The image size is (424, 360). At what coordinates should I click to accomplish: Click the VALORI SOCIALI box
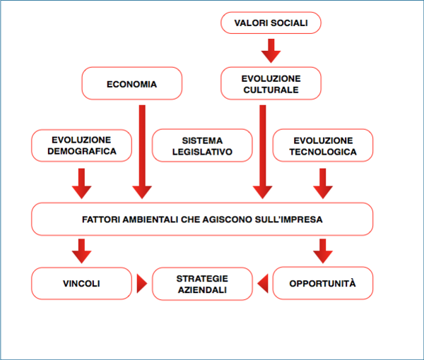pyautogui.click(x=271, y=23)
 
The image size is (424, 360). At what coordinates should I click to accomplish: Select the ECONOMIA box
pyautogui.click(x=132, y=83)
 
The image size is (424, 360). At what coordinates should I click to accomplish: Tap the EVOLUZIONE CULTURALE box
pyautogui.click(x=271, y=83)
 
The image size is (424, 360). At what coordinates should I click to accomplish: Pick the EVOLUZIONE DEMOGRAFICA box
pyautogui.click(x=82, y=145)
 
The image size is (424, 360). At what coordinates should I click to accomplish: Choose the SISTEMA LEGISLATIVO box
pyautogui.click(x=202, y=145)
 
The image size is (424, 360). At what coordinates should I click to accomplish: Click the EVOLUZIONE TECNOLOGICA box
pyautogui.click(x=323, y=145)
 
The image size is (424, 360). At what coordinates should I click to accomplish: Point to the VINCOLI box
pyautogui.click(x=82, y=284)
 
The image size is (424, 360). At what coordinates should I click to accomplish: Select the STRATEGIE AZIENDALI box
pyautogui.click(x=202, y=284)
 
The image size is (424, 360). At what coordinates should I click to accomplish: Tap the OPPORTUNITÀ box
pyautogui.click(x=323, y=283)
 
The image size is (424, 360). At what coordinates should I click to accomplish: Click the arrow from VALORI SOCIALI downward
pyautogui.click(x=271, y=51)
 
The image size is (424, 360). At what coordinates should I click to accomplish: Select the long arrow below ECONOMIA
pyautogui.click(x=142, y=152)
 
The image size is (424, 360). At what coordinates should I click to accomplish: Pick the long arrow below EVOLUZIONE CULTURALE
pyautogui.click(x=263, y=152)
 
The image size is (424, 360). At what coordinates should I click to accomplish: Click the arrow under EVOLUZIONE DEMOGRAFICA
pyautogui.click(x=82, y=184)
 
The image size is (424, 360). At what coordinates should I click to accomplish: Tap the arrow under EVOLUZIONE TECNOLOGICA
pyautogui.click(x=323, y=184)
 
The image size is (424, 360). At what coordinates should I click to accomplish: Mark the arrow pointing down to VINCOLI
pyautogui.click(x=82, y=251)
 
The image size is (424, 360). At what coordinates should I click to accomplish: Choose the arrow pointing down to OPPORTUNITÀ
pyautogui.click(x=323, y=251)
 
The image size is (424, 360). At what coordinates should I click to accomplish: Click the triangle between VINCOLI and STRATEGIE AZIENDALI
pyautogui.click(x=141, y=284)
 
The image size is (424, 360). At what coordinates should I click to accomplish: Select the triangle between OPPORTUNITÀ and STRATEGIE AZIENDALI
pyautogui.click(x=264, y=284)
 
